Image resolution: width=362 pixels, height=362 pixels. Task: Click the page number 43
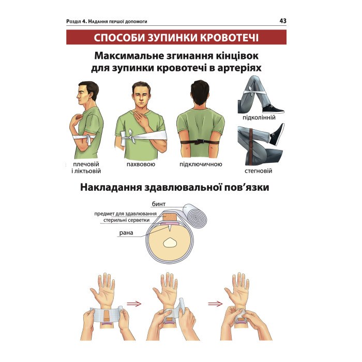pos(283,21)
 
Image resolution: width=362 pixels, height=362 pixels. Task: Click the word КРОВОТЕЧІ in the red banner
pos(229,38)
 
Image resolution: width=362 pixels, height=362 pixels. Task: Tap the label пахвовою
pos(141,164)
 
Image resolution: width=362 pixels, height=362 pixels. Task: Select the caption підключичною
pos(201,164)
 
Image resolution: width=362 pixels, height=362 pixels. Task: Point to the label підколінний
pos(259,117)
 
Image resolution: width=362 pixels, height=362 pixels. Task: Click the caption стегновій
pos(259,171)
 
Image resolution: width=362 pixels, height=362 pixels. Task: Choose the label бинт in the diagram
pos(159,204)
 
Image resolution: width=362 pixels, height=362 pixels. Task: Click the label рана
pos(126,233)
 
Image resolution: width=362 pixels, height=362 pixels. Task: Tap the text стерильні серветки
pos(127,220)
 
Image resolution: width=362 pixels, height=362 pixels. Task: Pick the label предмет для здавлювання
pos(125,214)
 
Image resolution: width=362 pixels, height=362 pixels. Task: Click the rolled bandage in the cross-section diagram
pos(194,215)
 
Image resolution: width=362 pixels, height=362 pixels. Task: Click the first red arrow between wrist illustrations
pos(134,304)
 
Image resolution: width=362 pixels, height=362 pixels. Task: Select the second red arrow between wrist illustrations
pos(216,304)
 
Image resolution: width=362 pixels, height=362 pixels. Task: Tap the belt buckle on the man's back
pos(200,142)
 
